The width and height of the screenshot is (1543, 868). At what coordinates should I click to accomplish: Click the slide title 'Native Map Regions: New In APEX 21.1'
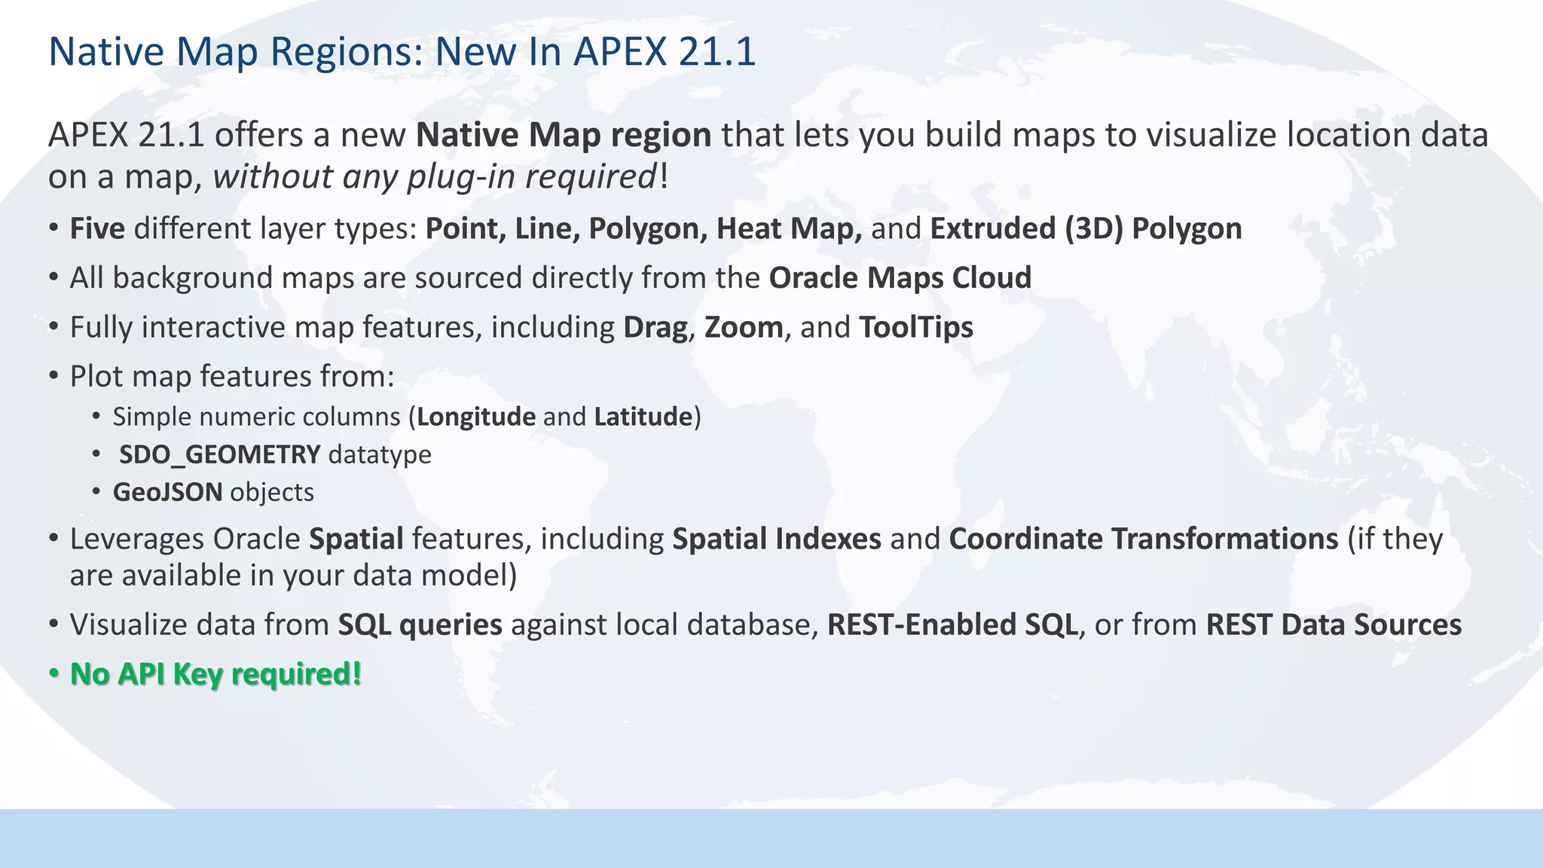point(402,52)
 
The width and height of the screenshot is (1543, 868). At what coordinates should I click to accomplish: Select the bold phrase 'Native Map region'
point(564,136)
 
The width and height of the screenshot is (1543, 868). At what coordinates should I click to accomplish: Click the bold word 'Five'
point(97,229)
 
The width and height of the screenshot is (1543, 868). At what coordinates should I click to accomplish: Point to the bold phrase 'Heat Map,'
point(789,229)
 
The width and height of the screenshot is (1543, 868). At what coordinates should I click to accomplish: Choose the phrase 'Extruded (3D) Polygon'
point(1086,229)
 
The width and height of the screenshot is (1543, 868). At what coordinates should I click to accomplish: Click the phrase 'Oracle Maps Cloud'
point(900,278)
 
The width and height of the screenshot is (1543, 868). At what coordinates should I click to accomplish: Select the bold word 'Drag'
point(655,328)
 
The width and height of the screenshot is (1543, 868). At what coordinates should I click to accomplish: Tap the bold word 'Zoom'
point(744,328)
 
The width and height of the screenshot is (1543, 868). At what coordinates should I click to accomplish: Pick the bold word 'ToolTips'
point(916,328)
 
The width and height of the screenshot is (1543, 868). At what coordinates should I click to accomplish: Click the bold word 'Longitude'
point(476,417)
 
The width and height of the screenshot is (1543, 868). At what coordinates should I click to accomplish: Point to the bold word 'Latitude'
point(643,417)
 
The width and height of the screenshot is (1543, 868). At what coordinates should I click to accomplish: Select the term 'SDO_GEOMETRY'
point(220,454)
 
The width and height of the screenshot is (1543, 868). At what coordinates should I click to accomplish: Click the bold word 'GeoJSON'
point(167,492)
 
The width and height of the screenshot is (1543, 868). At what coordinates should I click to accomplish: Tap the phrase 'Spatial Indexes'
point(776,539)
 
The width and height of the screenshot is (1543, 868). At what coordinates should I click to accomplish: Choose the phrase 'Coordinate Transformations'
point(1143,539)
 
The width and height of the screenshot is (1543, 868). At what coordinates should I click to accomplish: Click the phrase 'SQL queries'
point(420,625)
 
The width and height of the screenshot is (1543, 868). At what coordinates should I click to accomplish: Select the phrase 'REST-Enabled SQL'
point(952,625)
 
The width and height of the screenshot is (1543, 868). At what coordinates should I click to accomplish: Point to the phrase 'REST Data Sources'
point(1334,625)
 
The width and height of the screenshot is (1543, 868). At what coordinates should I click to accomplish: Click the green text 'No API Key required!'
point(215,674)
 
